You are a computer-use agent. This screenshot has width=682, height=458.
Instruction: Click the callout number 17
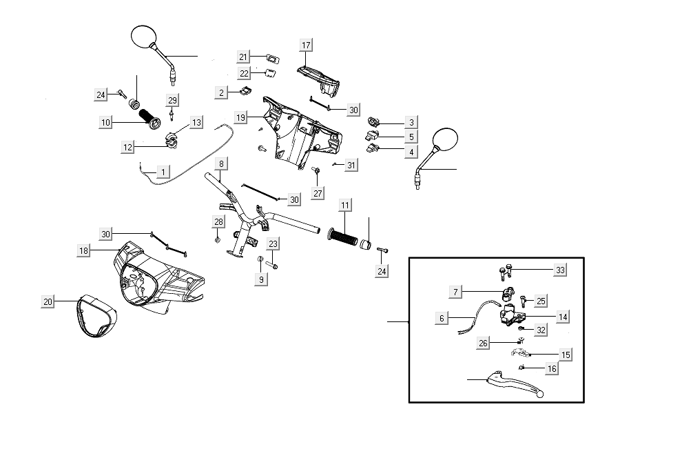tap(306, 45)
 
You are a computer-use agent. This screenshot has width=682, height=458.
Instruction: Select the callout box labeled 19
tap(240, 118)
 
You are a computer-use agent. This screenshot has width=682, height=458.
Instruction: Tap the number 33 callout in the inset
tap(560, 270)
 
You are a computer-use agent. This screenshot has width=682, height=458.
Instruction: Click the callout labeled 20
tap(48, 301)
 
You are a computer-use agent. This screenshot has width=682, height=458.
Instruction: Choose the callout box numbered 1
tap(163, 171)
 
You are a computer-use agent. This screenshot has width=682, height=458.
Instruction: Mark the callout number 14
tap(563, 317)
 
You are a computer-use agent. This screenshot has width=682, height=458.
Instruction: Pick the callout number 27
tap(317, 193)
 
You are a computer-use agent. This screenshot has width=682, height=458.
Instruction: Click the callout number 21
tap(243, 57)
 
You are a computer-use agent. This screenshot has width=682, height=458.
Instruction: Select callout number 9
tap(261, 279)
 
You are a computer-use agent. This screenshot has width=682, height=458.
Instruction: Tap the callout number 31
tap(351, 165)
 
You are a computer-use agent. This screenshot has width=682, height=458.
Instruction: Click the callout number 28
tap(218, 221)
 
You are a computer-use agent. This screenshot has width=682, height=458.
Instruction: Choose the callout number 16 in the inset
tap(551, 369)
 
